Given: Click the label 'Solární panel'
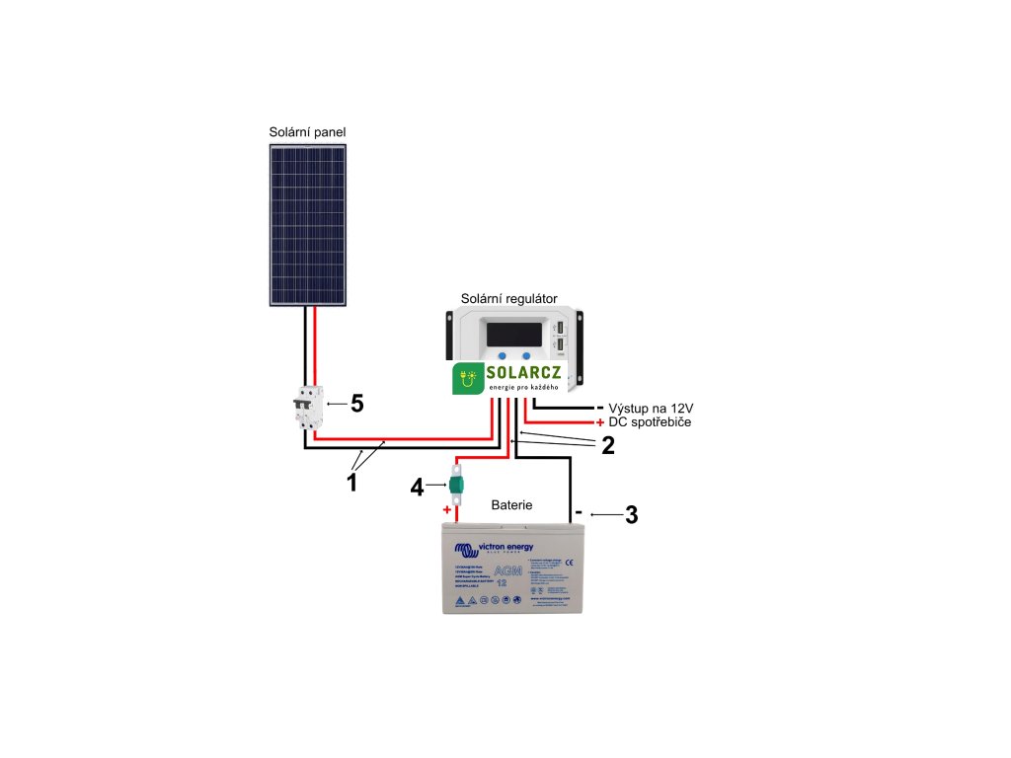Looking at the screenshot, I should [307, 132].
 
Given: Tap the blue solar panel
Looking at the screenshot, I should [308, 224].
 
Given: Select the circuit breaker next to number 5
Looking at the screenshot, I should [308, 407].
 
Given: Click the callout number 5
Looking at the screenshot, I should [357, 404].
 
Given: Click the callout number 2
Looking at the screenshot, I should [608, 445].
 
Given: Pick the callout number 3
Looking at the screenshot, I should [632, 514].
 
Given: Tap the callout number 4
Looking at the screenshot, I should [418, 487].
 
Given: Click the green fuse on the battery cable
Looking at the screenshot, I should [457, 486].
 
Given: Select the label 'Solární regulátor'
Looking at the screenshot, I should [509, 298].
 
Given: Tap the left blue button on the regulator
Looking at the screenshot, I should [504, 354].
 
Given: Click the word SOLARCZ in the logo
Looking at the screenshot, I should [523, 374].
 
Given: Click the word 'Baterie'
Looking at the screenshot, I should [512, 504].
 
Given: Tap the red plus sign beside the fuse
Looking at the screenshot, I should [446, 511].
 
